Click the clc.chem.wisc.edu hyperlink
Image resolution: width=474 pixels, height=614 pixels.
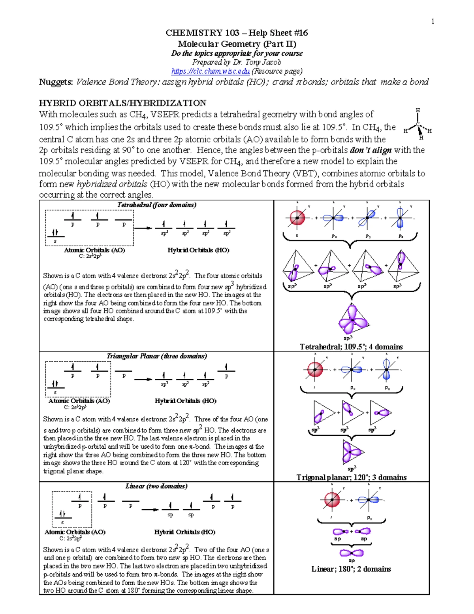pyautogui.click(x=211, y=71)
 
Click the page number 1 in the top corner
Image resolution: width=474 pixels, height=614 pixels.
pyautogui.click(x=433, y=22)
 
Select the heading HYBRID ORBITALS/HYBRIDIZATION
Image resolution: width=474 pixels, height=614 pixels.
pyautogui.click(x=122, y=103)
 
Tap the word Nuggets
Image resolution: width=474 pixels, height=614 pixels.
pyautogui.click(x=56, y=82)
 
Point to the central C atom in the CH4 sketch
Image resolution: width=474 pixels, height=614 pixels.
pyautogui.click(x=418, y=124)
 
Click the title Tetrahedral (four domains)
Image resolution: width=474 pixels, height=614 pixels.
pyautogui.click(x=157, y=205)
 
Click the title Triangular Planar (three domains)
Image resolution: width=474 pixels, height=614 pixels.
pyautogui.click(x=157, y=356)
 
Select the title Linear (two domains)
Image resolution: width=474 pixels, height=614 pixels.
pyautogui.click(x=156, y=486)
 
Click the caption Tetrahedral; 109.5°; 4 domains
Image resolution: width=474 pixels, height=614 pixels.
pyautogui.click(x=351, y=347)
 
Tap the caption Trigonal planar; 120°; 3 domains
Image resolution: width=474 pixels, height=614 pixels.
pyautogui.click(x=351, y=477)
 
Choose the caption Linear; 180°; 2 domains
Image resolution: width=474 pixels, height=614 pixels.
pyautogui.click(x=351, y=569)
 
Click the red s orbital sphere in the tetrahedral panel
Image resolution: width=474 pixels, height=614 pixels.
pyautogui.click(x=297, y=217)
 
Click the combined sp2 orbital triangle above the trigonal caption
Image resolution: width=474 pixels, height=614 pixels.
pyautogui.click(x=352, y=452)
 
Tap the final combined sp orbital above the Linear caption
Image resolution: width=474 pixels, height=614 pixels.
pyautogui.click(x=352, y=553)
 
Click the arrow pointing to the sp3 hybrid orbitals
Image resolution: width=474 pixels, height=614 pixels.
pyautogui.click(x=143, y=228)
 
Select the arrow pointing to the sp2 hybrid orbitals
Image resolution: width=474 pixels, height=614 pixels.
pyautogui.click(x=143, y=380)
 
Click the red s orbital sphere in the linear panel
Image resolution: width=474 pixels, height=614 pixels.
pyautogui.click(x=332, y=499)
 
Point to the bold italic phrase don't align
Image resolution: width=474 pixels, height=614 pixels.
pyautogui.click(x=371, y=150)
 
